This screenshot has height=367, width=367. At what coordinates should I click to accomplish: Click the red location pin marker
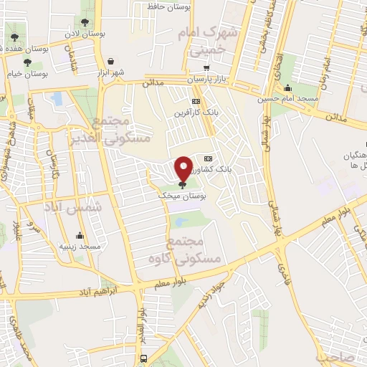(183, 168)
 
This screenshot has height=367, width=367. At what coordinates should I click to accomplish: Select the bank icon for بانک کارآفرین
(195, 102)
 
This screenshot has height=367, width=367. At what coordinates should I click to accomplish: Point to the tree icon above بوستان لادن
(87, 23)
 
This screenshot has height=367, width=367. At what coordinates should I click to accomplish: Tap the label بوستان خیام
(30, 74)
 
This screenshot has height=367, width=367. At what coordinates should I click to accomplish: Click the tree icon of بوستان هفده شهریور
(14, 36)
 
